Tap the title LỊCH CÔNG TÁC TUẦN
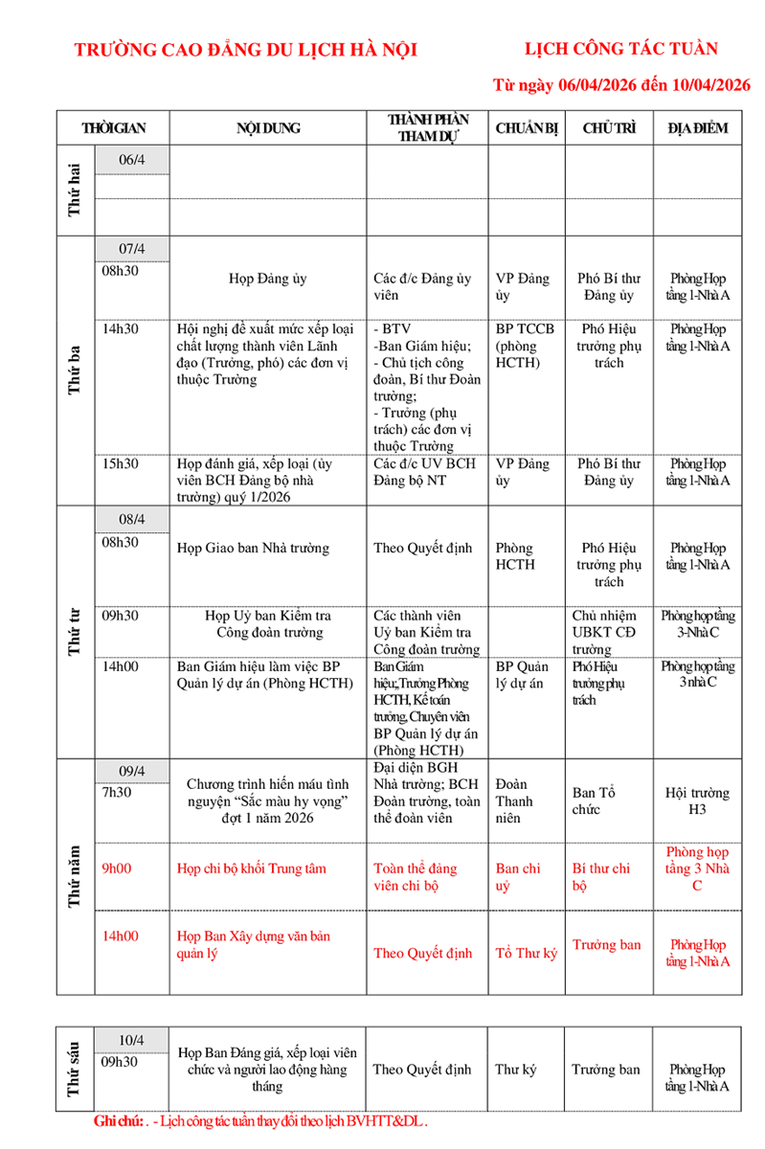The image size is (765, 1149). [x=621, y=49]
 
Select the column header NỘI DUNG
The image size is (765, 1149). [x=268, y=128]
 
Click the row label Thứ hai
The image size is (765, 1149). [x=74, y=190]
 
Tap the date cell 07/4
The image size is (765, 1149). [x=131, y=249]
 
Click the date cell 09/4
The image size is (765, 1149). [x=131, y=770]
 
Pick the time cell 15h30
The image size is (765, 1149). [x=121, y=463]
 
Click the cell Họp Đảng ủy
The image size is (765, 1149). [x=267, y=279]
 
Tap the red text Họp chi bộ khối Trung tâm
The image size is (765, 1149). [x=252, y=868]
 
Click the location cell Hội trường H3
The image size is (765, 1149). [x=697, y=801]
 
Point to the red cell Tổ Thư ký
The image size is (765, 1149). [x=526, y=953]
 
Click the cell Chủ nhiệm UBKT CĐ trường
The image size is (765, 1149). [x=604, y=632]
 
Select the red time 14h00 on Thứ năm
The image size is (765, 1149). [x=121, y=935]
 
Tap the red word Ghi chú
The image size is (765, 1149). [x=118, y=1120]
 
